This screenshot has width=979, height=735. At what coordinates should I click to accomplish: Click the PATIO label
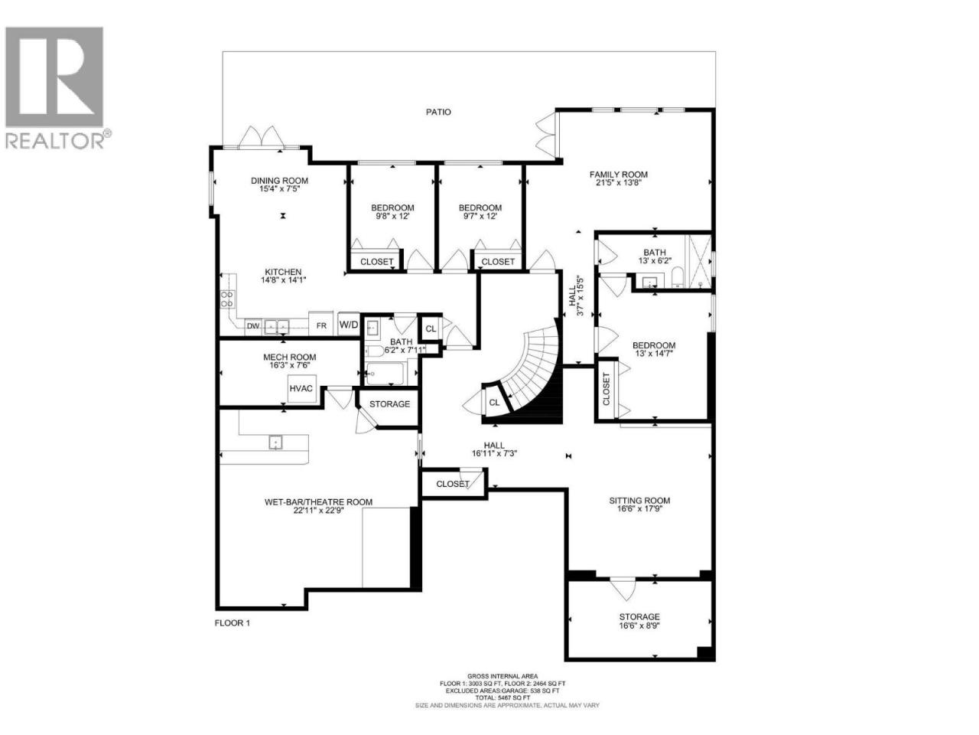[x=438, y=112]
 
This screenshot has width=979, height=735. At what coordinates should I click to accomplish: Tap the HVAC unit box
[x=301, y=389]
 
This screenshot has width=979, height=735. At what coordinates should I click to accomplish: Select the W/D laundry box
[x=348, y=325]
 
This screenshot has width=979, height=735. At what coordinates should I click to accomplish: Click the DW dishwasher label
[x=253, y=326]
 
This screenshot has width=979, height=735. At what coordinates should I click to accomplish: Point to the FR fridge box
[x=321, y=324]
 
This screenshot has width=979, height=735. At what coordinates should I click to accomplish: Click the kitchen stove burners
[x=227, y=299]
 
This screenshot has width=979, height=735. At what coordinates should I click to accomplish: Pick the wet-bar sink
[x=276, y=443]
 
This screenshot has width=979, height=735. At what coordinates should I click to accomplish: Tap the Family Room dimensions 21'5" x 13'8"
[x=618, y=182]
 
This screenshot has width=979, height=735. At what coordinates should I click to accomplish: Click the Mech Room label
[x=289, y=357]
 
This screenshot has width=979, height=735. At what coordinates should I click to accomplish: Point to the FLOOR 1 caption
[x=232, y=623]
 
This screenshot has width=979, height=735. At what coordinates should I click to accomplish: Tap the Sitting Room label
[x=639, y=501]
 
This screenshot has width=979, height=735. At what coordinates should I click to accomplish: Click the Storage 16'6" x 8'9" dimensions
[x=639, y=626]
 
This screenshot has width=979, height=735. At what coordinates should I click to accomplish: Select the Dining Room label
[x=280, y=181]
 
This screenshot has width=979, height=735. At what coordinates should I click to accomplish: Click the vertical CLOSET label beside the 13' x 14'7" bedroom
[x=606, y=389]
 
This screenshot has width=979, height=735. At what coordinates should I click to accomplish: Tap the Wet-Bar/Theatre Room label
[x=318, y=502]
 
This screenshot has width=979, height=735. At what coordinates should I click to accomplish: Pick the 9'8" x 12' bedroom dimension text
[x=392, y=216]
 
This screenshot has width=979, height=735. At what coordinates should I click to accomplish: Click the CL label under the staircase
[x=494, y=403]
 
